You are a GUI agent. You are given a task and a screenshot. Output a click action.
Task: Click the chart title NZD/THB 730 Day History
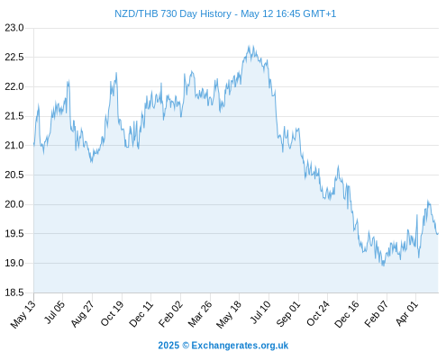(x=173, y=13)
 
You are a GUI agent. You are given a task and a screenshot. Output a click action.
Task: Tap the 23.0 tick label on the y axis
(x=14, y=28)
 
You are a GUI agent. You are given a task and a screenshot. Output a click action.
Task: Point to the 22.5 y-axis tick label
(x=14, y=58)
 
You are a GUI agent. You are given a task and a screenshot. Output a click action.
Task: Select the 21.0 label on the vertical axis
(x=14, y=146)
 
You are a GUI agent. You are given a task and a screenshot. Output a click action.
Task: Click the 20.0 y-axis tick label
(x=14, y=204)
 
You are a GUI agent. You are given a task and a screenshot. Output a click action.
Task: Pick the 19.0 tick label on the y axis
(x=14, y=263)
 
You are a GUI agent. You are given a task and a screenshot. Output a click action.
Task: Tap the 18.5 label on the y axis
(x=14, y=292)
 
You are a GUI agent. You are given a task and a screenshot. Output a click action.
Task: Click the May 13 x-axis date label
(x=23, y=314)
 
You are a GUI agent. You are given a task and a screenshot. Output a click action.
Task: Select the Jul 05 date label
(x=54, y=312)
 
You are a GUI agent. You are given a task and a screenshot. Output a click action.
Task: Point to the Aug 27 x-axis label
(x=83, y=313)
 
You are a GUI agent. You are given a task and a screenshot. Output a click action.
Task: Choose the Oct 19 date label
(x=112, y=313)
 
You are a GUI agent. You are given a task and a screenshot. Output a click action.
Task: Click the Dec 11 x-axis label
(x=141, y=313)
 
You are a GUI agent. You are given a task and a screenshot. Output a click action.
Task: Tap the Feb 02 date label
(x=170, y=314)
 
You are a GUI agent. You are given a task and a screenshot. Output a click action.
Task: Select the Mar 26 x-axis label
(x=200, y=314)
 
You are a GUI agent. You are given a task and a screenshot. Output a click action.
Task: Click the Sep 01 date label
(x=288, y=314)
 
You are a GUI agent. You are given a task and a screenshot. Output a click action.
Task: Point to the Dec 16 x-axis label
(x=347, y=314)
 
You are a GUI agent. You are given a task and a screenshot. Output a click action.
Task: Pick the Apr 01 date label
(x=406, y=313)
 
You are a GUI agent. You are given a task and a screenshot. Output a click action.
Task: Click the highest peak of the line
(x=249, y=46)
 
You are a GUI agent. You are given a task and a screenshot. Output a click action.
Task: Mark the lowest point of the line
(x=383, y=265)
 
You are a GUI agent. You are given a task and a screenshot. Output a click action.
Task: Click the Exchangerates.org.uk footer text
(x=240, y=346)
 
